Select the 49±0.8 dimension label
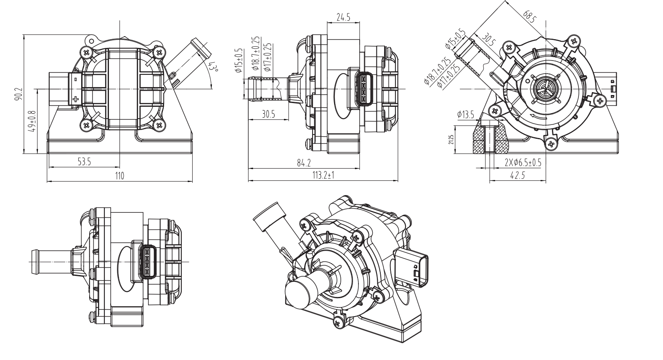point(32,121)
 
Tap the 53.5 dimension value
point(85,162)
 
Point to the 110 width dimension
point(119,176)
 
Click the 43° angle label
point(214,68)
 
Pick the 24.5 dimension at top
point(343,17)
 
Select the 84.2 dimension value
point(304,163)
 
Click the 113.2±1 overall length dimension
point(323,176)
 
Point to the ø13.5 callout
point(466,114)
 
